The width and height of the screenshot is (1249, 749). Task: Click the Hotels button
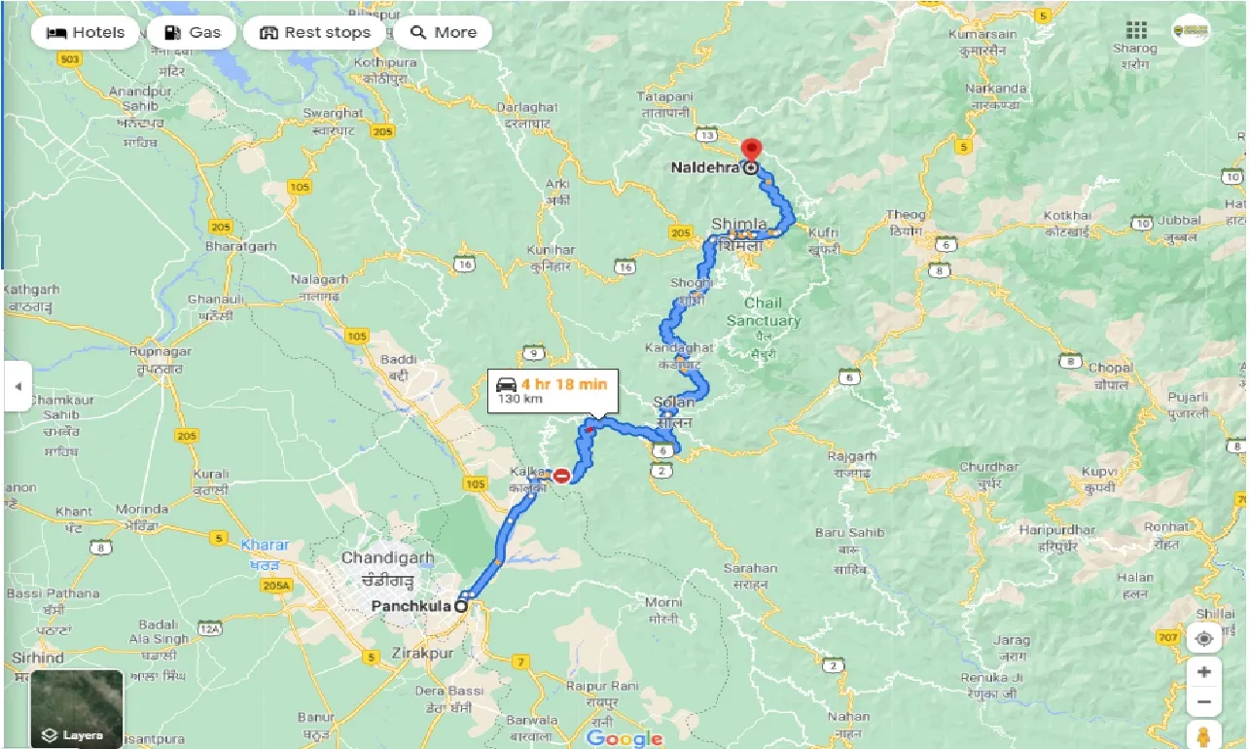pos(87,32)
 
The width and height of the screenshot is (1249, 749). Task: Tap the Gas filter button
pos(193,32)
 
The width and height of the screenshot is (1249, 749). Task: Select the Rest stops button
pos(315,32)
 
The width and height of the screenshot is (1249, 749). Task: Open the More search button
pos(443,32)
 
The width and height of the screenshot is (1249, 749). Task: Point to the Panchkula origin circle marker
pos(460,606)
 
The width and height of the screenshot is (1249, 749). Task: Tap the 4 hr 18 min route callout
pos(552,390)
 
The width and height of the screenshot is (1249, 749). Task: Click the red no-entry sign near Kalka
pos(561,476)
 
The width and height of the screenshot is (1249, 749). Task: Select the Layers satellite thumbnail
pos(77,707)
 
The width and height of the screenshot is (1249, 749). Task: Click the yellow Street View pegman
pos(1204,734)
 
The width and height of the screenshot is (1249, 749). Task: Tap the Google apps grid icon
pos(1135,30)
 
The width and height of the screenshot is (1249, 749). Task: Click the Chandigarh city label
pos(387,558)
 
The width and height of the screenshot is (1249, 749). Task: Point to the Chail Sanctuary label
pos(764,311)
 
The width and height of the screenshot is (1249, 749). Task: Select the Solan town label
pos(674,402)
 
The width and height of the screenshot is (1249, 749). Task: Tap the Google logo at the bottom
pos(624,738)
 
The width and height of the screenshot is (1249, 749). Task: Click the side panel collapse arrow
pos(17,386)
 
